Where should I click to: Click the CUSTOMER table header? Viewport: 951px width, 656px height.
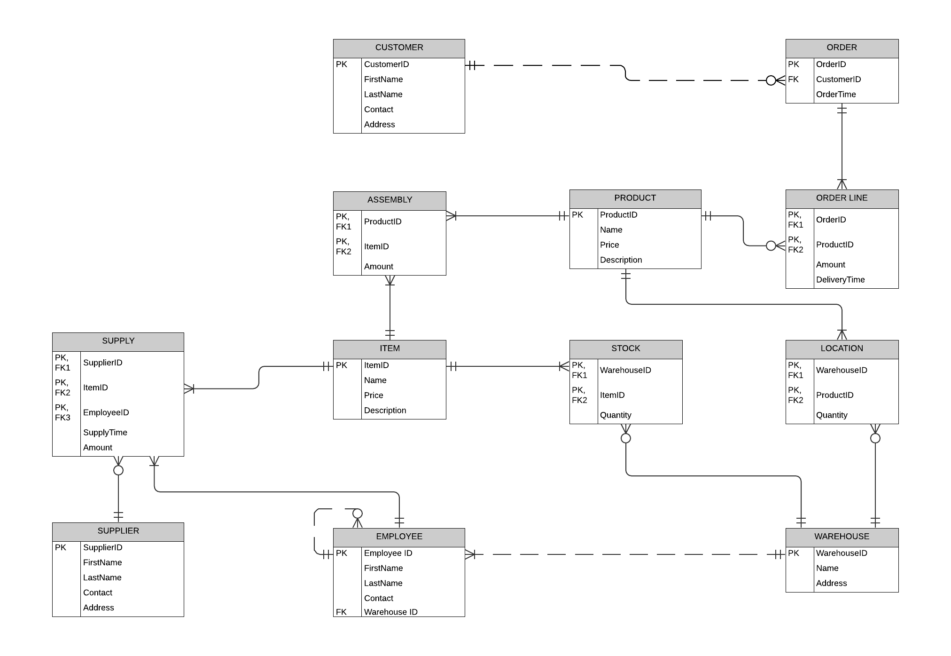click(x=399, y=47)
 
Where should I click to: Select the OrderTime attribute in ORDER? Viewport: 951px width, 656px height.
click(x=836, y=95)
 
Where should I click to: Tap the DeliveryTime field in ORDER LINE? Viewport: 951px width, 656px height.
click(x=840, y=280)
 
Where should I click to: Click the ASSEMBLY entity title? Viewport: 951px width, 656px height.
click(x=390, y=200)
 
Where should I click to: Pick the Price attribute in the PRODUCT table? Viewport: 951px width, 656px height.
click(x=609, y=245)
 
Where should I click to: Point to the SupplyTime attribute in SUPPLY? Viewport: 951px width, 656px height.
click(x=105, y=433)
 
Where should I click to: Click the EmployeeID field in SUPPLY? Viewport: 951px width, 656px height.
click(x=106, y=412)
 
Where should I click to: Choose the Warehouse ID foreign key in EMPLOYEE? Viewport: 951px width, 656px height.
click(x=390, y=612)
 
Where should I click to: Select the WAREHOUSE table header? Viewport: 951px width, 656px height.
click(x=842, y=537)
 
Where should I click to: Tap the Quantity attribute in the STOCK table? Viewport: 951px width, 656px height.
click(x=616, y=415)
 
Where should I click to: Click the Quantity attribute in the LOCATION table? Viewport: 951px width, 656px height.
click(x=832, y=415)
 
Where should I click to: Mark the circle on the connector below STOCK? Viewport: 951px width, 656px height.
click(x=626, y=438)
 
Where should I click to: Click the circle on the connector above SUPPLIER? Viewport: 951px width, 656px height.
click(x=118, y=470)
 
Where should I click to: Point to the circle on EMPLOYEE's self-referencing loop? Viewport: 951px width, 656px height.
click(x=358, y=513)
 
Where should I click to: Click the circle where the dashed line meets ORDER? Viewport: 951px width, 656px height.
click(x=771, y=80)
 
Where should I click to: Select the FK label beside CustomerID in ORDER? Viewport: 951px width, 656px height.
click(x=793, y=79)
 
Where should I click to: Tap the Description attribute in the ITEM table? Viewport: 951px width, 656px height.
click(x=385, y=411)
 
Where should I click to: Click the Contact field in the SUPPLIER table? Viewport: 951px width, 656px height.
click(x=98, y=593)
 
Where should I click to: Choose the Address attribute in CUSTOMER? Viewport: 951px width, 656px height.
click(x=379, y=125)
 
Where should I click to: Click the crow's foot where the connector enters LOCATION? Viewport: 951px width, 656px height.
click(x=842, y=334)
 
